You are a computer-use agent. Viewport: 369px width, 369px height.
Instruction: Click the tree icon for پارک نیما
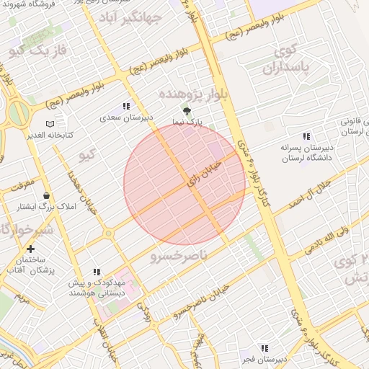point(187,112)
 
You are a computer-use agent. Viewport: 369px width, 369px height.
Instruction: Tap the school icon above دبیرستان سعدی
point(127,106)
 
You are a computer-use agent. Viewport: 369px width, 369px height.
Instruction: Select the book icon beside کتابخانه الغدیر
point(49,124)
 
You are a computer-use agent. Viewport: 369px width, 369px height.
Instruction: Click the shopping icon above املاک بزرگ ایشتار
point(47,195)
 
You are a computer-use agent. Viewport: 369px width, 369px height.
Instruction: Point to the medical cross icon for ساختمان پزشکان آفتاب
point(30,249)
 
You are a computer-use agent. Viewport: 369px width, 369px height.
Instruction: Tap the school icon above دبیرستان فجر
point(264,348)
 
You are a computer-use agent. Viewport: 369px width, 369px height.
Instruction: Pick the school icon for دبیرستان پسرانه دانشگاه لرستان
point(306,136)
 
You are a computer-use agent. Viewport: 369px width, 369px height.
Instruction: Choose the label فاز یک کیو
point(42,50)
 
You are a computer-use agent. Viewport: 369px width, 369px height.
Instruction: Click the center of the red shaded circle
point(184,184)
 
